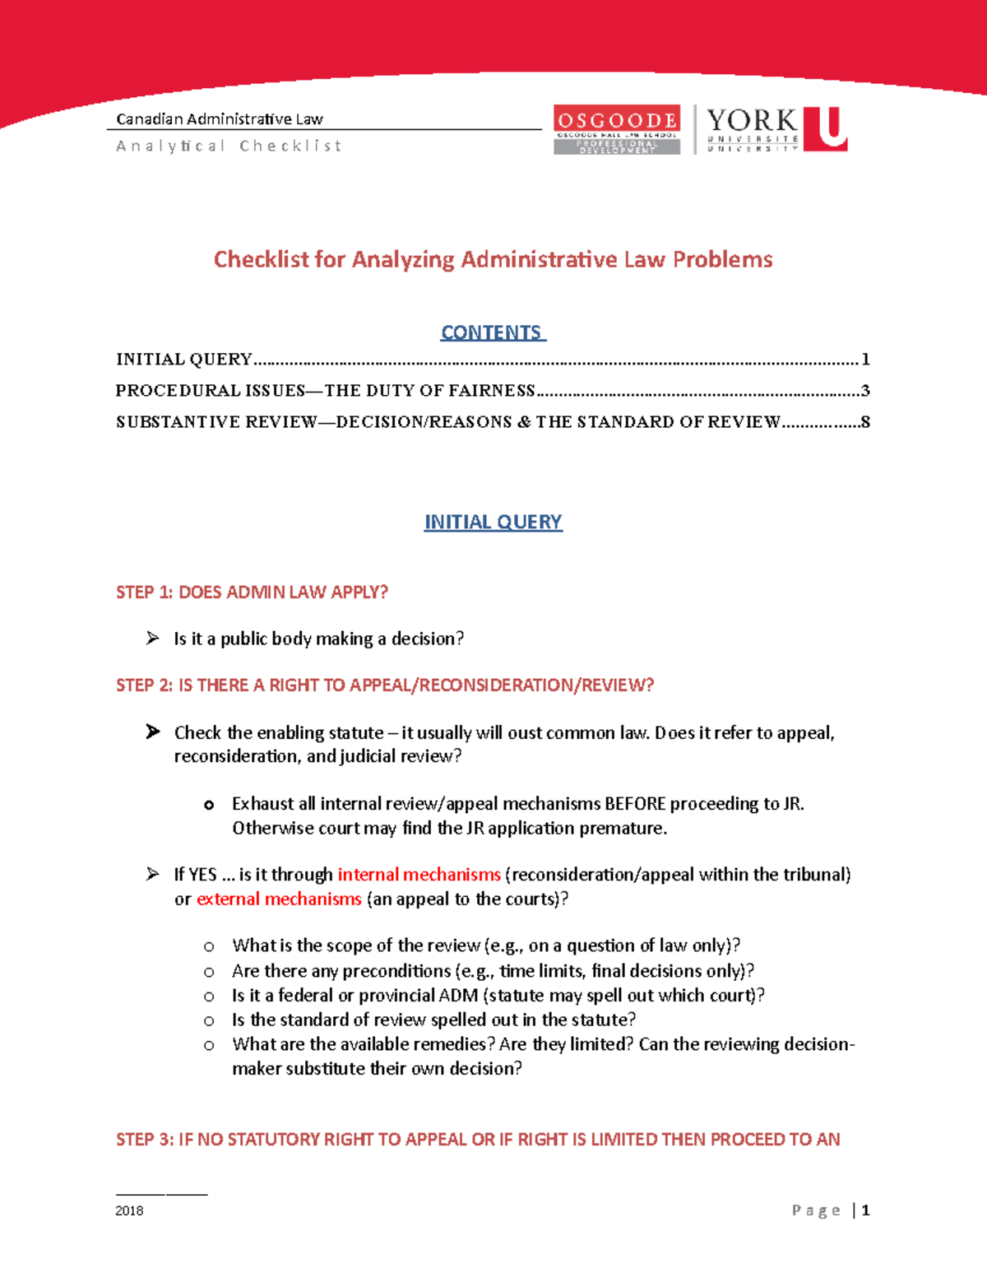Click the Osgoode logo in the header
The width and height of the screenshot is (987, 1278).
pyautogui.click(x=616, y=129)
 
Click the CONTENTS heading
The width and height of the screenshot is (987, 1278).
pyautogui.click(x=492, y=332)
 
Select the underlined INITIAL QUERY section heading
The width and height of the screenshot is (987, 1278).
pyautogui.click(x=493, y=522)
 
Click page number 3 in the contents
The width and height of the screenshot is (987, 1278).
pyautogui.click(x=865, y=390)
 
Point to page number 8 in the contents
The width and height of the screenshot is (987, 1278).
pyautogui.click(x=865, y=422)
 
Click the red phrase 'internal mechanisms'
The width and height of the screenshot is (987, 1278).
pyautogui.click(x=419, y=874)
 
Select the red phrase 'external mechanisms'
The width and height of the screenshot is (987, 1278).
pyautogui.click(x=279, y=899)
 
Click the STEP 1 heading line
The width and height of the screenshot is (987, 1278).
pyautogui.click(x=252, y=592)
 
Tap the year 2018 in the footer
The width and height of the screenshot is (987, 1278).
pyautogui.click(x=129, y=1211)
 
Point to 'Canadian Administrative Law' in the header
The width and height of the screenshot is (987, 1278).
pyautogui.click(x=219, y=119)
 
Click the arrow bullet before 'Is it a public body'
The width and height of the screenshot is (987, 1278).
pyautogui.click(x=152, y=638)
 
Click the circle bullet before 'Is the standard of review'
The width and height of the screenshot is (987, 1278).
pyautogui.click(x=209, y=1020)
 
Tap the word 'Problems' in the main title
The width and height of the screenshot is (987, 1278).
pyautogui.click(x=722, y=259)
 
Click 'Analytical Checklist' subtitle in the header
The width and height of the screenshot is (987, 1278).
pyautogui.click(x=228, y=146)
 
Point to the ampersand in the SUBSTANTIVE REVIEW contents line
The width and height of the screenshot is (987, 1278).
pyautogui.click(x=523, y=422)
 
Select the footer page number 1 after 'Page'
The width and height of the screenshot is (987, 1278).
pyautogui.click(x=865, y=1210)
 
